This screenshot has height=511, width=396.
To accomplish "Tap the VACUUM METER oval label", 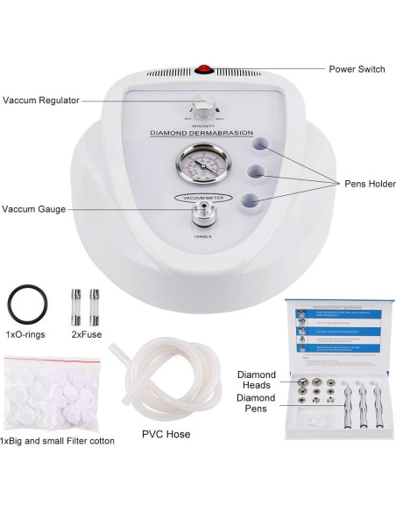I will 202,199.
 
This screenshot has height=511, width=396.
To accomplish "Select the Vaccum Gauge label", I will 32,209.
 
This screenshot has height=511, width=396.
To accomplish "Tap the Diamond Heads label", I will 258,377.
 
